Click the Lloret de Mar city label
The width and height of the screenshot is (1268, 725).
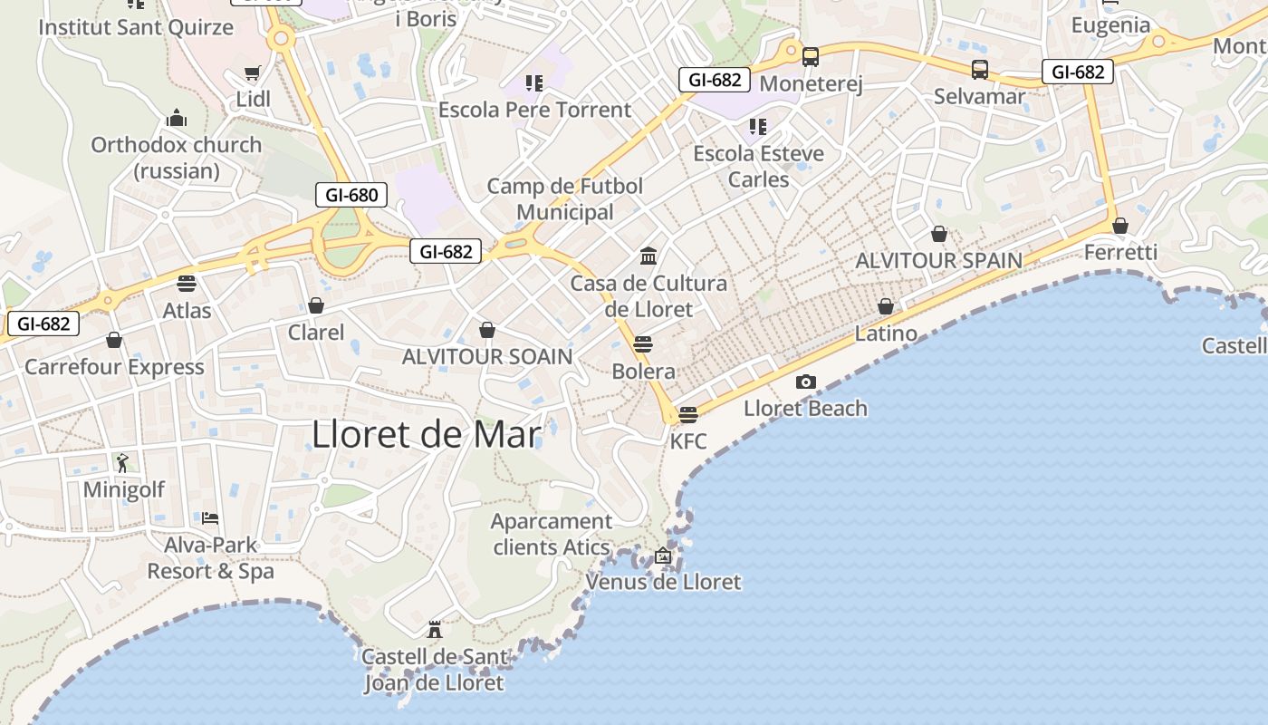[426, 435]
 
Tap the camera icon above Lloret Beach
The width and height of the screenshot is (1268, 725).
[805, 382]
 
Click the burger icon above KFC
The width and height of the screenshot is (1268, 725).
[688, 415]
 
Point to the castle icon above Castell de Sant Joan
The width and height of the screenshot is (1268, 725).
[435, 629]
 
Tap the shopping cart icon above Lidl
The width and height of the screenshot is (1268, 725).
[253, 72]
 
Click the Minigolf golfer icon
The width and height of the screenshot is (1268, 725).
[122, 463]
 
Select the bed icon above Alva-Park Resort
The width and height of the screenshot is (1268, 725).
[210, 518]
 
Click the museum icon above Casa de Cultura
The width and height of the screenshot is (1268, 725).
[648, 256]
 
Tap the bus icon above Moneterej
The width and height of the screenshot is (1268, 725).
[810, 57]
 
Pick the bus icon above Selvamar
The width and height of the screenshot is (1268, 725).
[979, 70]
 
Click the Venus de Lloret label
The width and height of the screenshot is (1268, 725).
[663, 582]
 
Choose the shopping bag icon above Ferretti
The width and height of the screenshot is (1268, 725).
[1120, 226]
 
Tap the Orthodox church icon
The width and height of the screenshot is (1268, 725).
[176, 119]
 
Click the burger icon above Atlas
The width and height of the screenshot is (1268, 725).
[187, 284]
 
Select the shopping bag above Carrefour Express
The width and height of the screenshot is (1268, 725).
[114, 340]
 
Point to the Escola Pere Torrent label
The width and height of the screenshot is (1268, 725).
[534, 110]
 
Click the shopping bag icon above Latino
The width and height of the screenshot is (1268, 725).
[886, 306]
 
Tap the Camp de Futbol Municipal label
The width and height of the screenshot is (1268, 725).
[565, 198]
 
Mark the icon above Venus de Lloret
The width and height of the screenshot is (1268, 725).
[663, 556]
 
